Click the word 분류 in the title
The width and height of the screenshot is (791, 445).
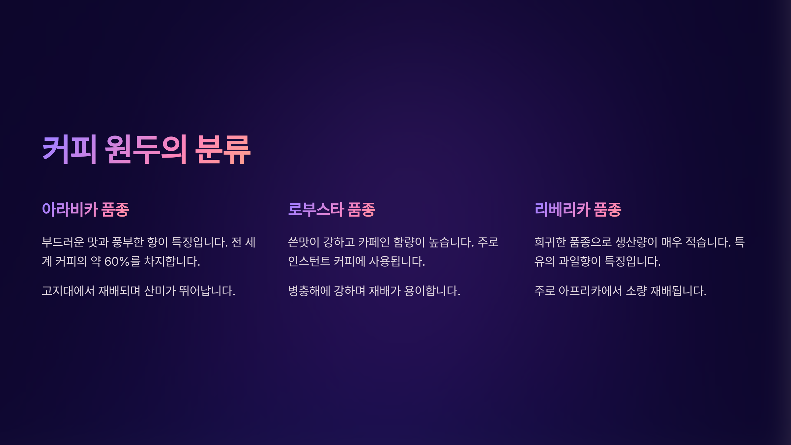pos(223,150)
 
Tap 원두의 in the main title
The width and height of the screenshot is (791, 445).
pos(146,150)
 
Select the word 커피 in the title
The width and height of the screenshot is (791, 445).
pos(70,150)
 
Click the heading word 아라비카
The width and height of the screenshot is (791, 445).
pos(70,209)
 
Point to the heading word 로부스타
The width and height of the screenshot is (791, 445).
pos(316,209)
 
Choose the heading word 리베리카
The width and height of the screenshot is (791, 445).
pos(562,209)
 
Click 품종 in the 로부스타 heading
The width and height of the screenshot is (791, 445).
pos(362,209)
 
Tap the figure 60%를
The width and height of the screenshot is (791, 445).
pos(123,261)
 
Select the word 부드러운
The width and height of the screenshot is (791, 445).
pos(63,242)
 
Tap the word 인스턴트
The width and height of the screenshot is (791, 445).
pos(309,261)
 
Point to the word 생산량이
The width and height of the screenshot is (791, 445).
pos(636,242)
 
